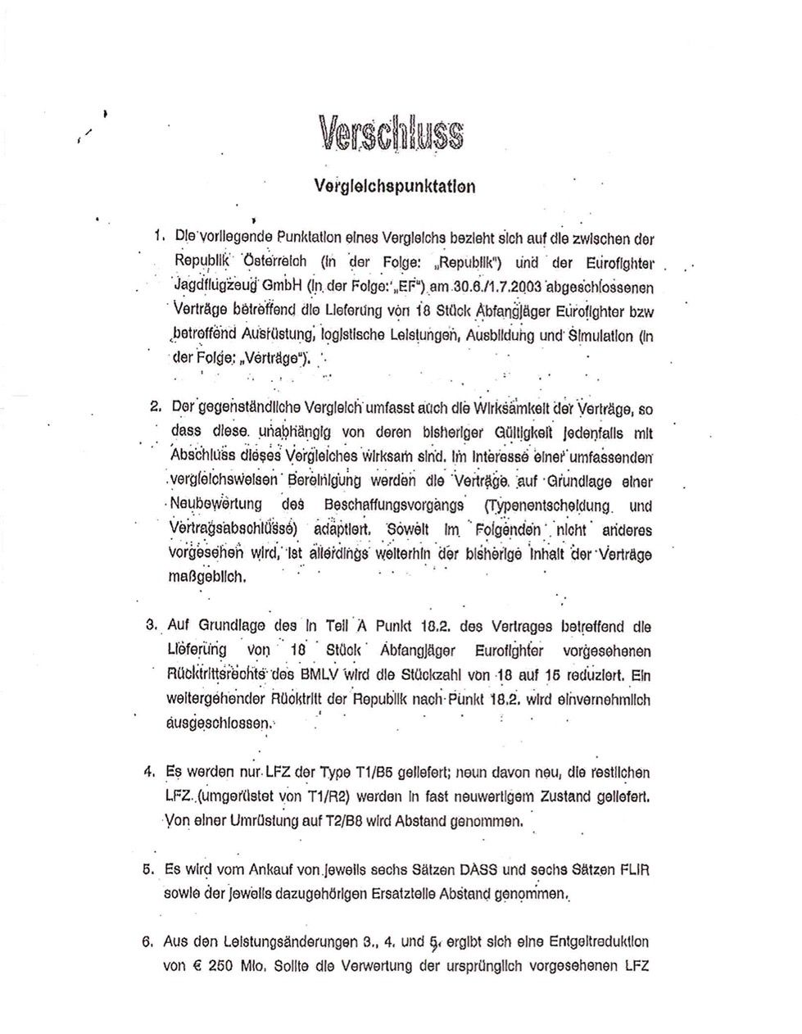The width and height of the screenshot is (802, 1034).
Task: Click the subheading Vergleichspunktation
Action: [x=394, y=185]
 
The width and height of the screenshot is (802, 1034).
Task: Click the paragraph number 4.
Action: [x=149, y=772]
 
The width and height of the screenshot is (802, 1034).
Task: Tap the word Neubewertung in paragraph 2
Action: [x=216, y=505]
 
